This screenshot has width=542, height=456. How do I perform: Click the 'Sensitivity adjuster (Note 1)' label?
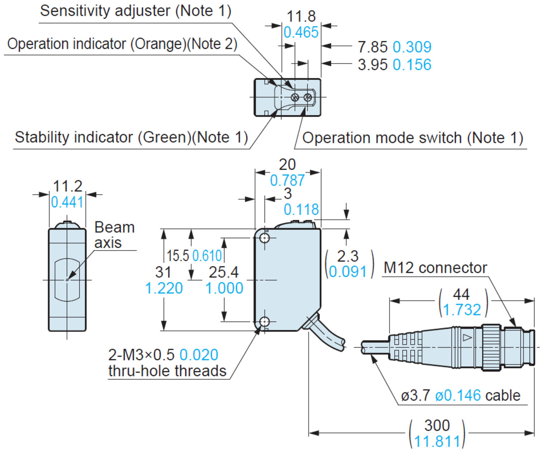tap(135, 11)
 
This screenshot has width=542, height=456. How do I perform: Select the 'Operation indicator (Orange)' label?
tap(122, 44)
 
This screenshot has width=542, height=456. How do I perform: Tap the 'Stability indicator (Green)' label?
tap(131, 137)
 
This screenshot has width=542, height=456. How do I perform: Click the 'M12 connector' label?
tap(435, 268)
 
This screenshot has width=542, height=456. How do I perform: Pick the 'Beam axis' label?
tap(114, 235)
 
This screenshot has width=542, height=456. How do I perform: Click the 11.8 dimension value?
tap(301, 16)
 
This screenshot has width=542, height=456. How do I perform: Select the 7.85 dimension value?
tap(373, 47)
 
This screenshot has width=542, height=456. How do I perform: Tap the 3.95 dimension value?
tap(373, 65)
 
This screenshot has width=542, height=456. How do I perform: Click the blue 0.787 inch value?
tap(287, 180)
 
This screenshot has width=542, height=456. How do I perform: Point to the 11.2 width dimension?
tap(68, 186)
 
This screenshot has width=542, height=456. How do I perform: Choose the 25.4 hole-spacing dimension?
tap(224, 272)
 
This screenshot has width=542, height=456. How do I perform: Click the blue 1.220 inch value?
tap(164, 288)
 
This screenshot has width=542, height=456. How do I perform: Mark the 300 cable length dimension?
tap(437, 425)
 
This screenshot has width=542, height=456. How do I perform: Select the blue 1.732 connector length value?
tap(462, 310)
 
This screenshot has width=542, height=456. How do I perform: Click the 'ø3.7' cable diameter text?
tap(416, 396)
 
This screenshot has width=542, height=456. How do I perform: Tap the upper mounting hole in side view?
tap(265, 238)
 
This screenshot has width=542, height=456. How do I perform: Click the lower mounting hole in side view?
tap(265, 321)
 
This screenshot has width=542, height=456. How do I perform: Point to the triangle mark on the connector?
tap(467, 338)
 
